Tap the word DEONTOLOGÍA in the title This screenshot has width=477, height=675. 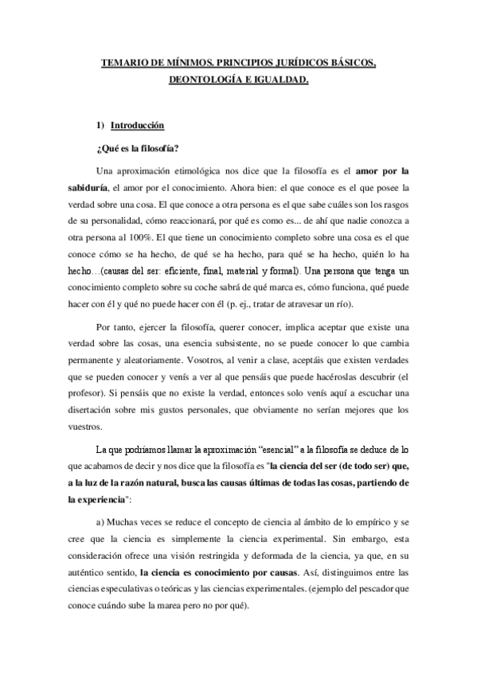click(x=206, y=80)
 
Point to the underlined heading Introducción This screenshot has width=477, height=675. click(x=137, y=125)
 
